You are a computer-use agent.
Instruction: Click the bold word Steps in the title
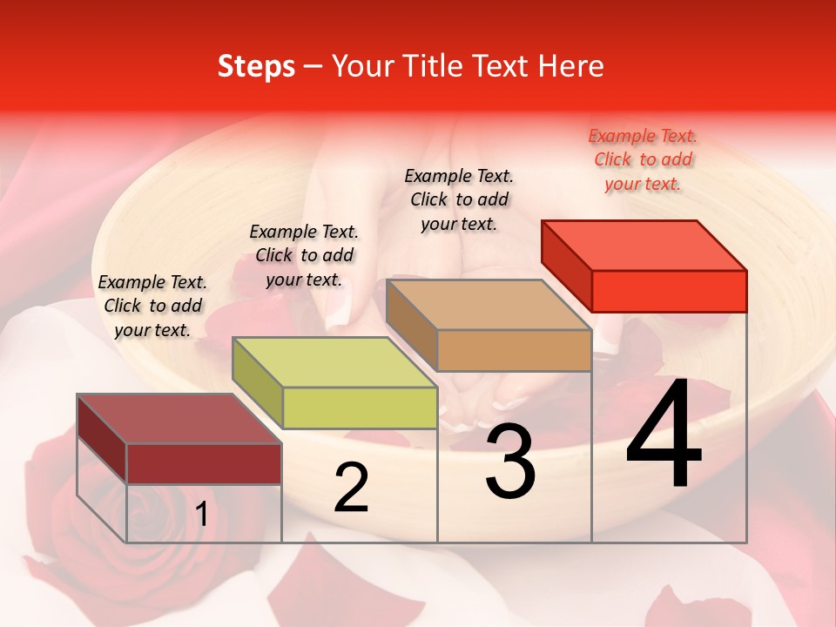pos(256,66)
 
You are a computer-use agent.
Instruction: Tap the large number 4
pos(664,435)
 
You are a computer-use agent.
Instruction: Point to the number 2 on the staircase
pos(351,488)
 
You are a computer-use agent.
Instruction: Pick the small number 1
pos(201,515)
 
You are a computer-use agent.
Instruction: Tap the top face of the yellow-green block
pos(334,362)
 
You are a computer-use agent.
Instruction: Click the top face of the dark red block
pos(179,419)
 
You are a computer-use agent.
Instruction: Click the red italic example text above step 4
pos(643,160)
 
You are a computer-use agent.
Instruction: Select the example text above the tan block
pos(459,199)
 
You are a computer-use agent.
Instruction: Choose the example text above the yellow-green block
pos(304,255)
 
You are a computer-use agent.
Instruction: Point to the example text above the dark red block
pos(152,306)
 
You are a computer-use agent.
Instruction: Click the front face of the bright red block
pos(669,291)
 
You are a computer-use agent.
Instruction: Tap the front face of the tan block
pos(514,350)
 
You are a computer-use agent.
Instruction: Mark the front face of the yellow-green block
pos(360,408)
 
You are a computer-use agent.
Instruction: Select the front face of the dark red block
pos(204,463)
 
